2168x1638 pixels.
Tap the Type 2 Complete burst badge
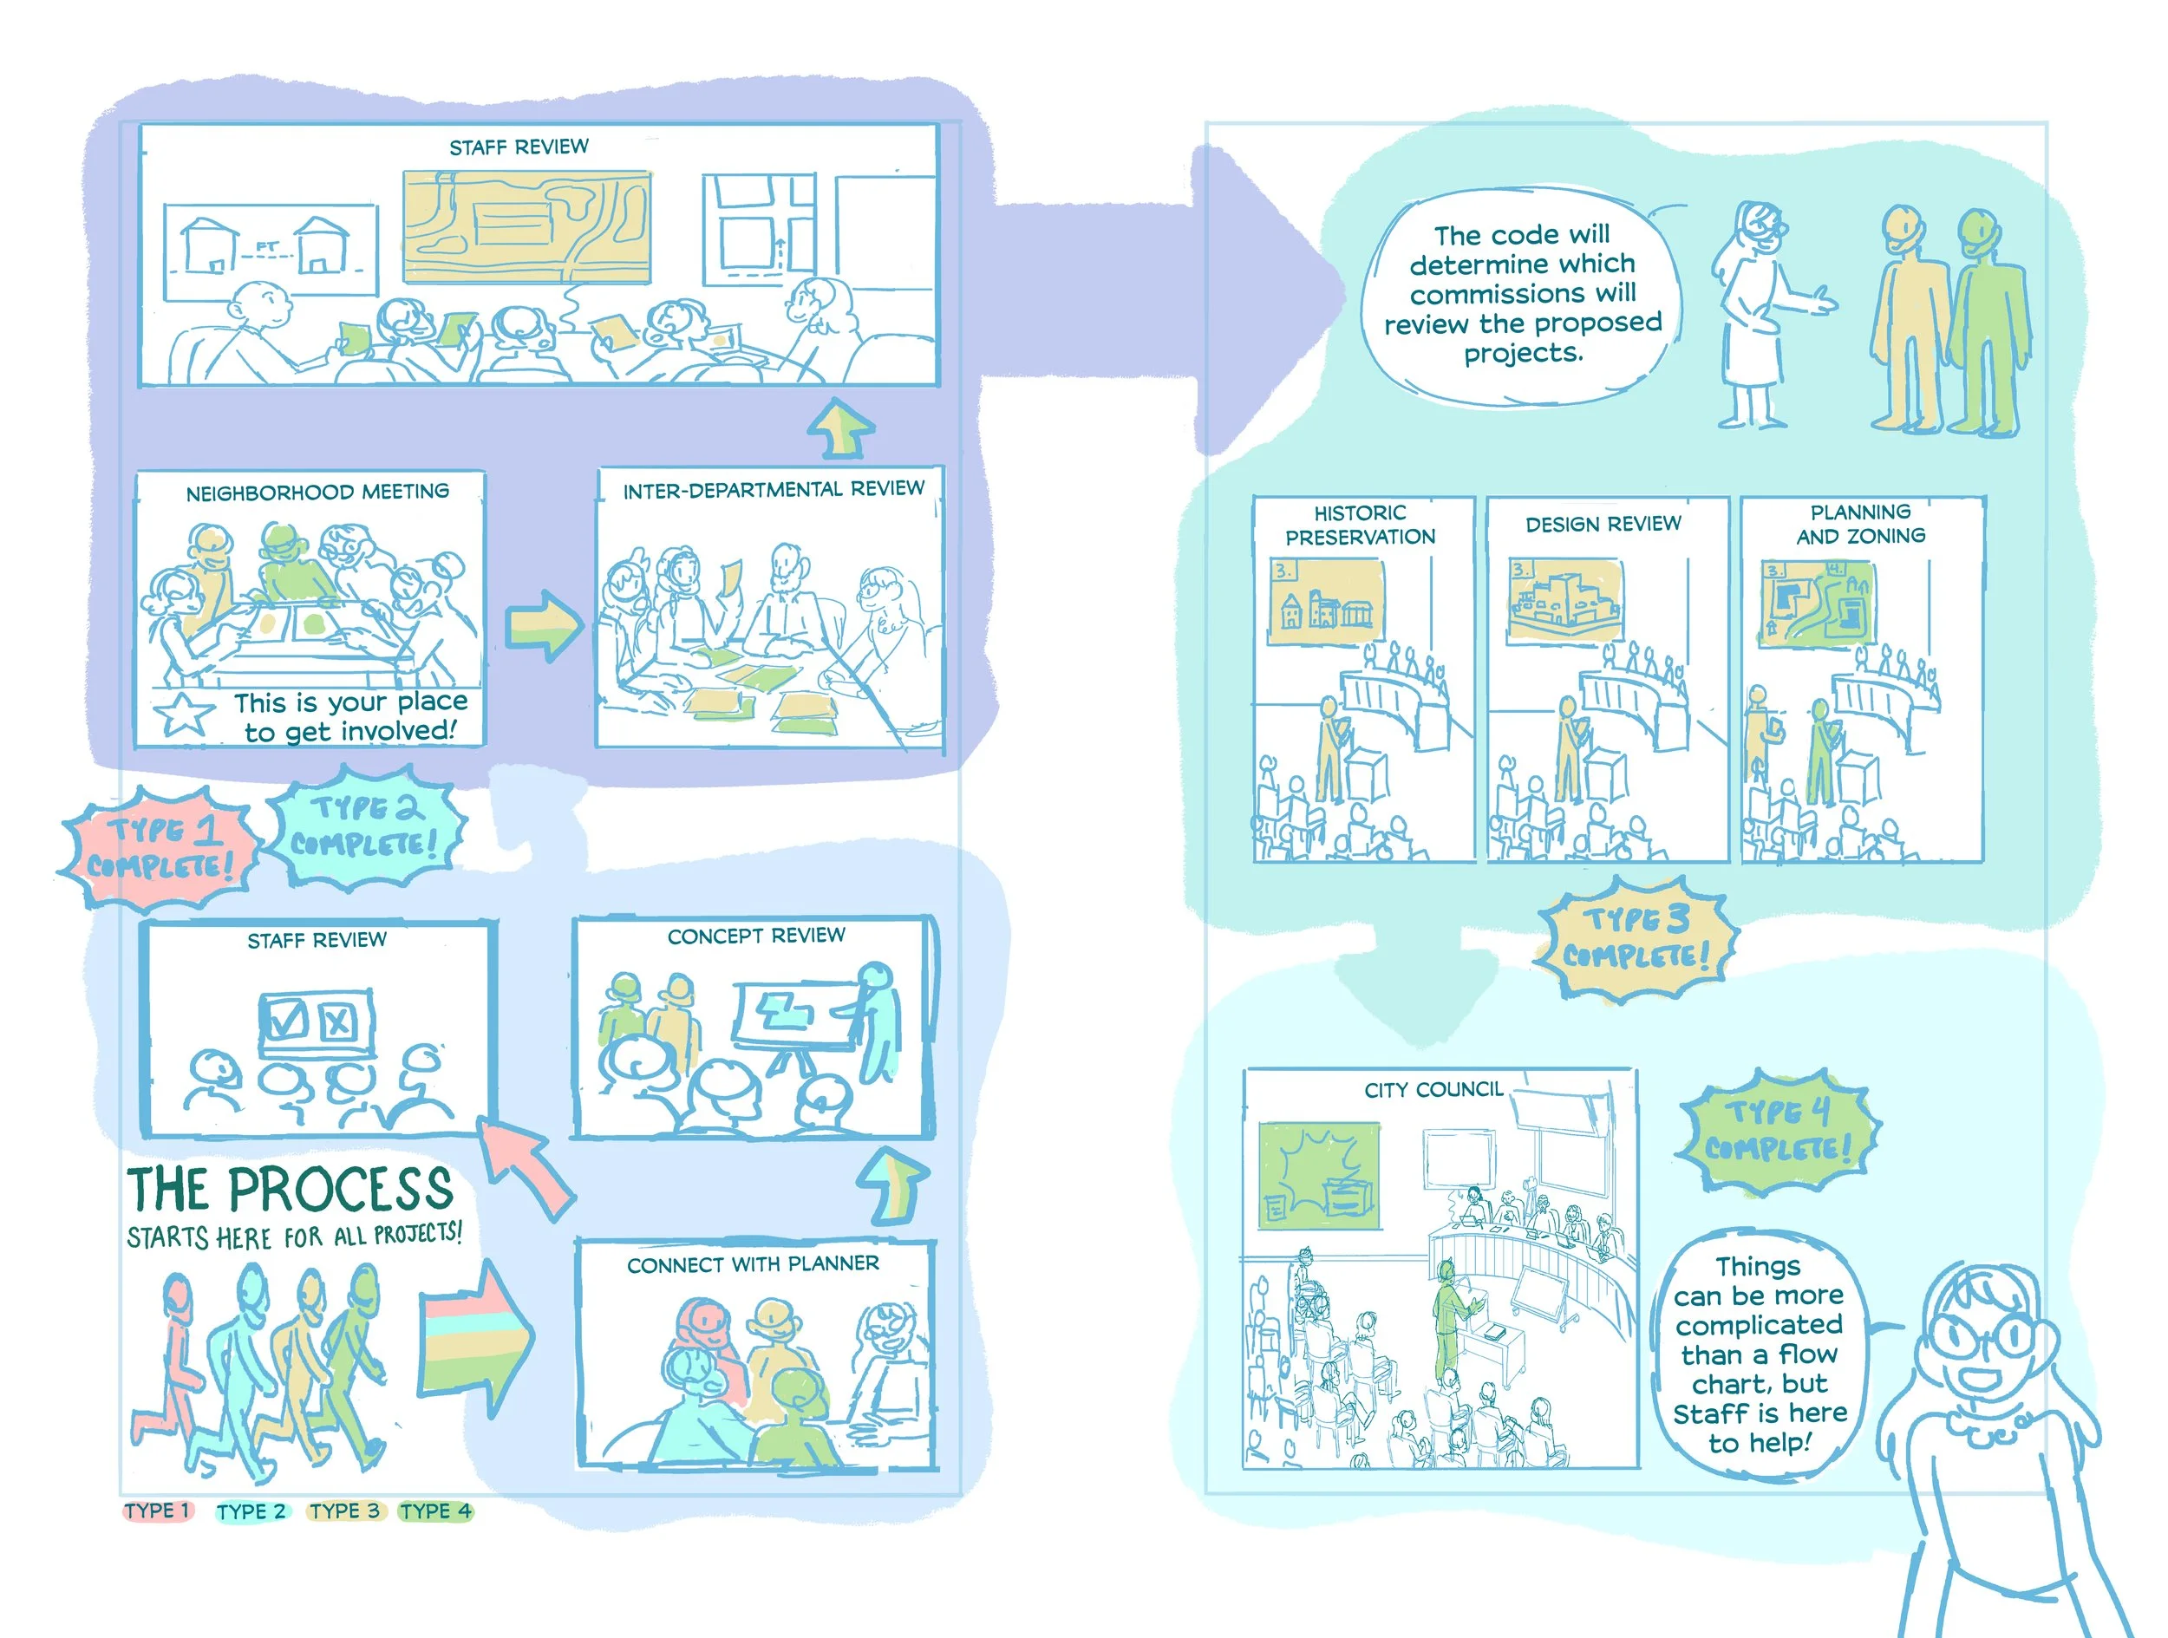click(x=363, y=827)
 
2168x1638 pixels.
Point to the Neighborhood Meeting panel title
click(x=317, y=492)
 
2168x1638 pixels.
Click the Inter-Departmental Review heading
click(x=774, y=489)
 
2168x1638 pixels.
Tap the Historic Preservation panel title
click(x=1360, y=525)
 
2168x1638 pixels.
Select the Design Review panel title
click(x=1603, y=525)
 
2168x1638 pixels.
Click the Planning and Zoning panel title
click(x=1860, y=524)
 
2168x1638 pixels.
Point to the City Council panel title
click(x=1433, y=1090)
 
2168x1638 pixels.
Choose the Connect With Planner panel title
click(x=753, y=1264)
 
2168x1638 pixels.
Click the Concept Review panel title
click(x=755, y=936)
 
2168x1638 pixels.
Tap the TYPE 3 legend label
click(x=344, y=1511)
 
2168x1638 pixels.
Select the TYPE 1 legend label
click(x=157, y=1511)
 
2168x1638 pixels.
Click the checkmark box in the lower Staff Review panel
click(x=286, y=1022)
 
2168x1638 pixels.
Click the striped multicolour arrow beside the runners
click(x=476, y=1338)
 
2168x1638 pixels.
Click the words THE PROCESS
click(x=291, y=1189)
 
